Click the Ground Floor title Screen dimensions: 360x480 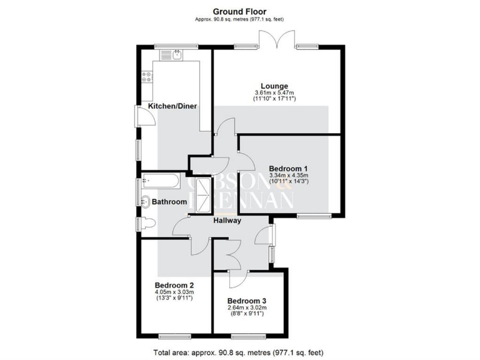240,11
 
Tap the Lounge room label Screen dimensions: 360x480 274,86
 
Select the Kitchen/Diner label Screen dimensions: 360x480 172,106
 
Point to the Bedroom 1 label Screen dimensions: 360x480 288,168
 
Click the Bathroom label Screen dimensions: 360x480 169,202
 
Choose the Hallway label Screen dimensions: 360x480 227,221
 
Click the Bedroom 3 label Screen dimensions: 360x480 247,301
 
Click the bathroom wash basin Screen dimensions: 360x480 145,201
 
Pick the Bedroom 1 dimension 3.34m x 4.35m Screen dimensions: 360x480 288,176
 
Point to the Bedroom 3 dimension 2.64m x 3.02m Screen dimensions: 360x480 247,309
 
